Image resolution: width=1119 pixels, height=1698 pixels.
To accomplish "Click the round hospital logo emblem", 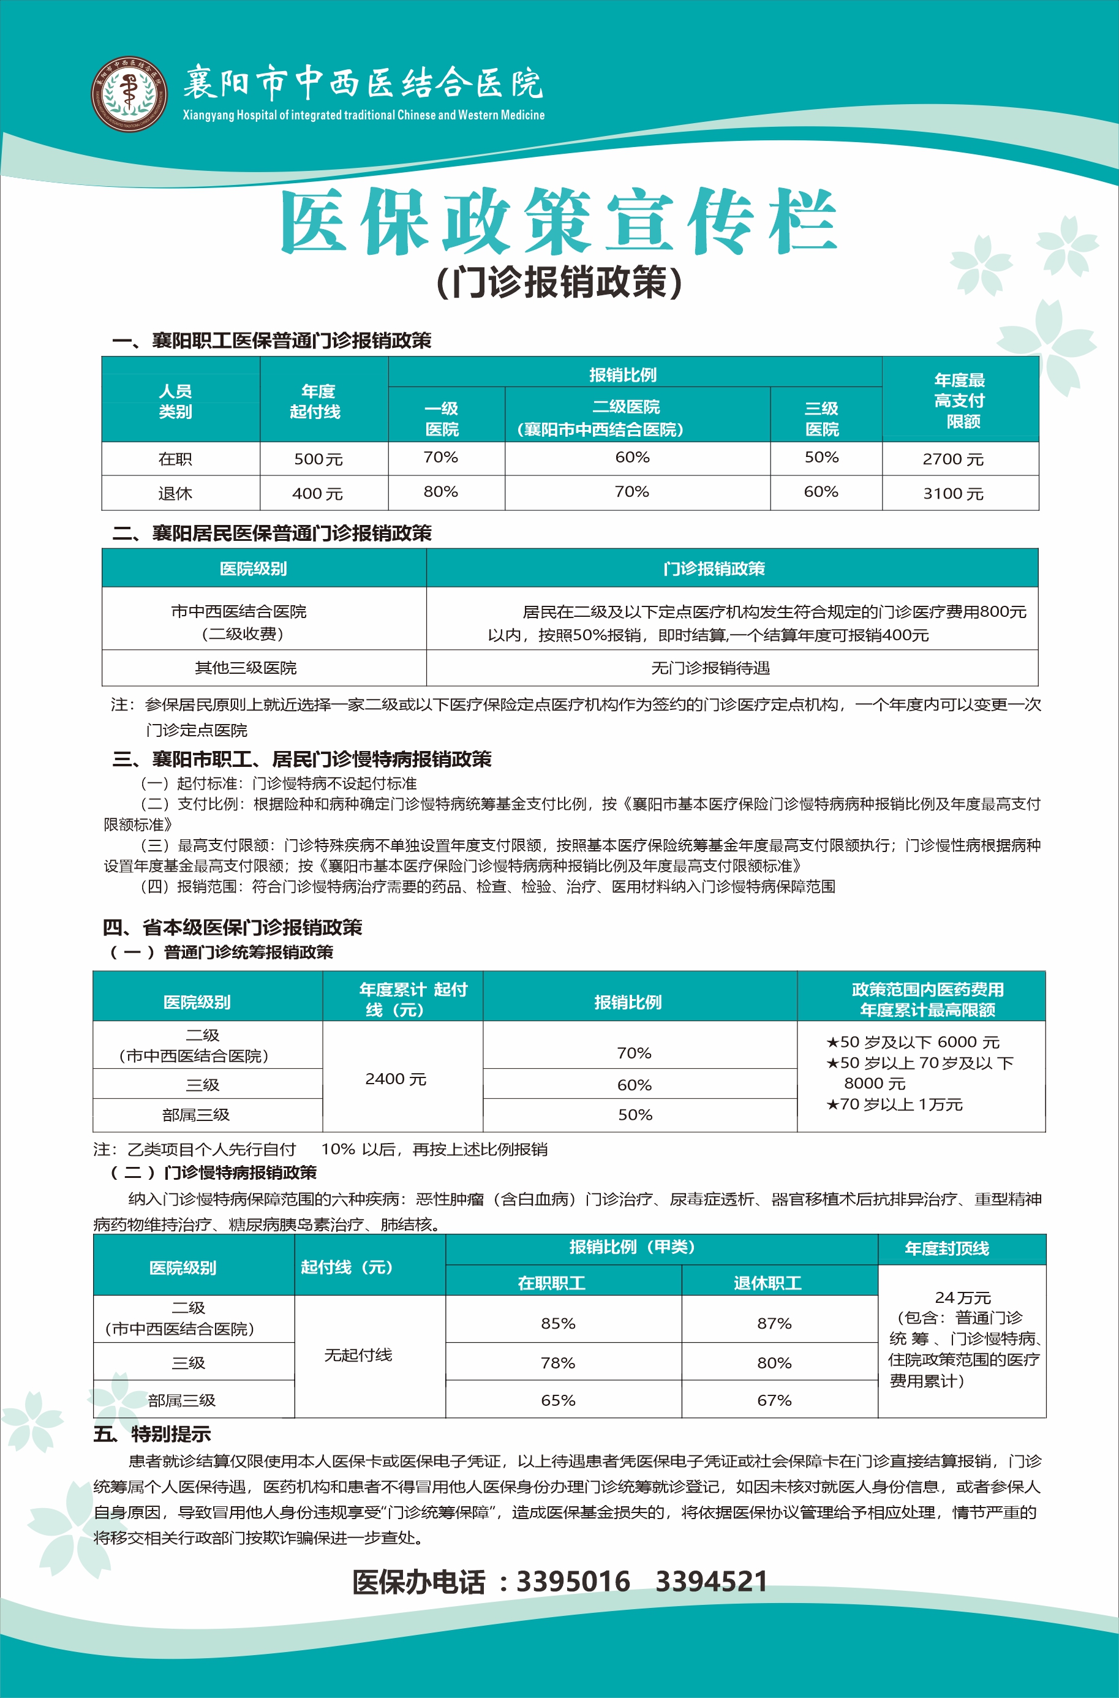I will coord(129,94).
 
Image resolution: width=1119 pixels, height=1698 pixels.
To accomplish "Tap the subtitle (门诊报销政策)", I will coord(559,282).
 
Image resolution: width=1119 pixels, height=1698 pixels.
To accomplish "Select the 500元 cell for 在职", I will coord(318,459).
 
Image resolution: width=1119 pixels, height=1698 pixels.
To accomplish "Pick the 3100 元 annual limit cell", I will coord(953,493).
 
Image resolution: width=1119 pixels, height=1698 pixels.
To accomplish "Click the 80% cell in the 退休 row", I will coord(440,492).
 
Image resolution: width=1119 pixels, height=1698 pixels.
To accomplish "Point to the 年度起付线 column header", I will coord(316,401).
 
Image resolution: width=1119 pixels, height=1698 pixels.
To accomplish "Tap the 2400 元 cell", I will coord(396,1079).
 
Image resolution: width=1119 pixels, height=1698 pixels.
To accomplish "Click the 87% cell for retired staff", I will coord(774,1323).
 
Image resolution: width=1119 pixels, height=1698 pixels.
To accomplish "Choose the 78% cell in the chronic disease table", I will coord(558,1362).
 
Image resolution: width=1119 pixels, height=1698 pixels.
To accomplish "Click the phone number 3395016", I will coord(573,1582).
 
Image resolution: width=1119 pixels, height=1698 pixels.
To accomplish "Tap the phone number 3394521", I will coord(711,1582).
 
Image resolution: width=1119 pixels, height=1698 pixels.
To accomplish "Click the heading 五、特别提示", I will coord(153,1434).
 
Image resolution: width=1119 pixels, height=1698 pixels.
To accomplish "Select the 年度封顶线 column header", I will coord(946,1248).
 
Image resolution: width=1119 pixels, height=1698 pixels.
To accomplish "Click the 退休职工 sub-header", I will coord(767,1283).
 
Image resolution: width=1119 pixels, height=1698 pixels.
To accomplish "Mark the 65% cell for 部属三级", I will coord(558,1400).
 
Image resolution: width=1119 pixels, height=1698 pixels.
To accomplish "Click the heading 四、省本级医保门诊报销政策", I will coord(233,927).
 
